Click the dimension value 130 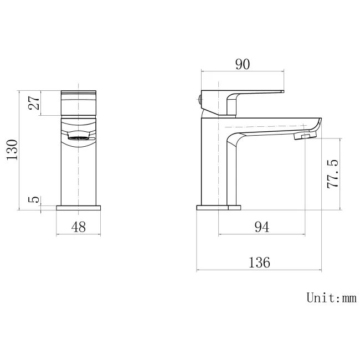tap(12, 150)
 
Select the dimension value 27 tap(34, 103)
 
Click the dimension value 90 tap(242, 64)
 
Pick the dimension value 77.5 tap(333, 174)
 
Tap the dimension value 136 tap(259, 262)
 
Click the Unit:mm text tap(331, 298)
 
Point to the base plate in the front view tap(79, 208)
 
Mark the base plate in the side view tap(219, 208)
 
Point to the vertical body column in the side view tap(213, 166)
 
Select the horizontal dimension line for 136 tap(259, 271)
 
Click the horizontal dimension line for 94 tap(262, 235)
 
